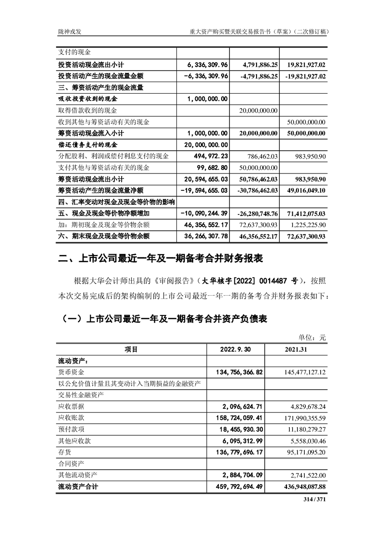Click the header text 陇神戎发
[x=66, y=31]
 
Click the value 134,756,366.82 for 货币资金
[x=235, y=372]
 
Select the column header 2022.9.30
[x=235, y=349]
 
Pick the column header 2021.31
[x=297, y=349]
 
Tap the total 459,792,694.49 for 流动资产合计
[x=235, y=487]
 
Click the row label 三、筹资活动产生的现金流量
[x=100, y=87]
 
